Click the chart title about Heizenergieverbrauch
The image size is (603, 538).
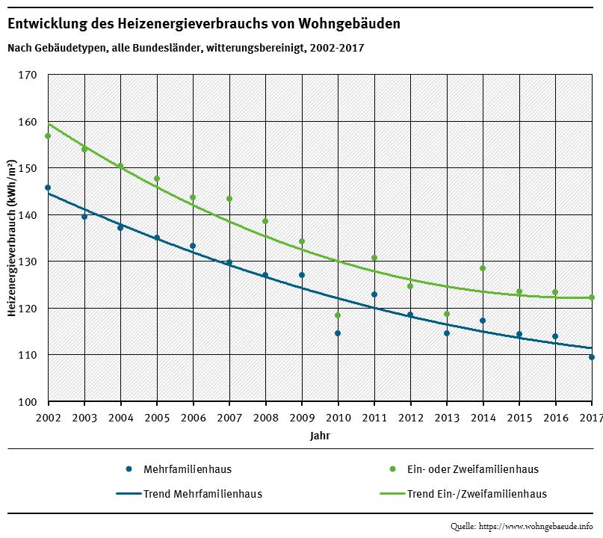[203, 24]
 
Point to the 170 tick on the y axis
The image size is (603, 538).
[28, 75]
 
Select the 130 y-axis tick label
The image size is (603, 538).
[28, 262]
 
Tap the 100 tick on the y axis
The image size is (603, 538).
[28, 401]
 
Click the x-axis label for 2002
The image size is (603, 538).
[48, 416]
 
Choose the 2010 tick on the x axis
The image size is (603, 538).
[338, 416]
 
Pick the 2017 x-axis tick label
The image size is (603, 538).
[591, 416]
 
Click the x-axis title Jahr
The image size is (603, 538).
[320, 434]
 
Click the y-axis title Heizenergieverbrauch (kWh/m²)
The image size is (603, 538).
[12, 238]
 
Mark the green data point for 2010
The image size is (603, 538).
[338, 315]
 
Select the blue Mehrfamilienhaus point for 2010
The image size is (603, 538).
[338, 333]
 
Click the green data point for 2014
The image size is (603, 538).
[483, 268]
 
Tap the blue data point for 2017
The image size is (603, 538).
[592, 357]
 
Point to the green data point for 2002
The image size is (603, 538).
[48, 136]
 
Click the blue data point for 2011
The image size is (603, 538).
[374, 294]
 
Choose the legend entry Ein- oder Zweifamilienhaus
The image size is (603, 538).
[472, 469]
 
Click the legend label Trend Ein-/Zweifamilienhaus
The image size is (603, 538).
[477, 494]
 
